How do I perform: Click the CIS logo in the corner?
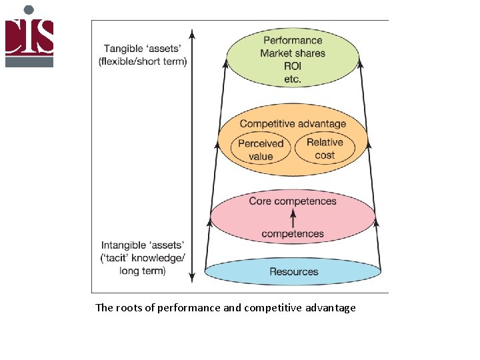click(29, 36)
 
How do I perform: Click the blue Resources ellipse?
click(293, 271)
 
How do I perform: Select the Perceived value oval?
click(261, 150)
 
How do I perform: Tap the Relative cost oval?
click(325, 149)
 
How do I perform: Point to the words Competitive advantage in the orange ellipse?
click(293, 123)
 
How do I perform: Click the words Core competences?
click(293, 201)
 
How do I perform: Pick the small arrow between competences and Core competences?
click(293, 217)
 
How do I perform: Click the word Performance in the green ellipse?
click(293, 41)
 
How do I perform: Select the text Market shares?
click(293, 53)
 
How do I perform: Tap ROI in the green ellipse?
click(293, 66)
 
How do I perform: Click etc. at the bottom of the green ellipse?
click(293, 79)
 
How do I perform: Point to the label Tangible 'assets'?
click(143, 49)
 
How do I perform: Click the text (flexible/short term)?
click(143, 61)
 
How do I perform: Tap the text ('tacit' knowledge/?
click(143, 258)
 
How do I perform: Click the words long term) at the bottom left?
click(143, 271)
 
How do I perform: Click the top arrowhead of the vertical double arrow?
click(192, 33)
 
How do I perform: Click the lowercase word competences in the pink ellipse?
click(293, 234)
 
